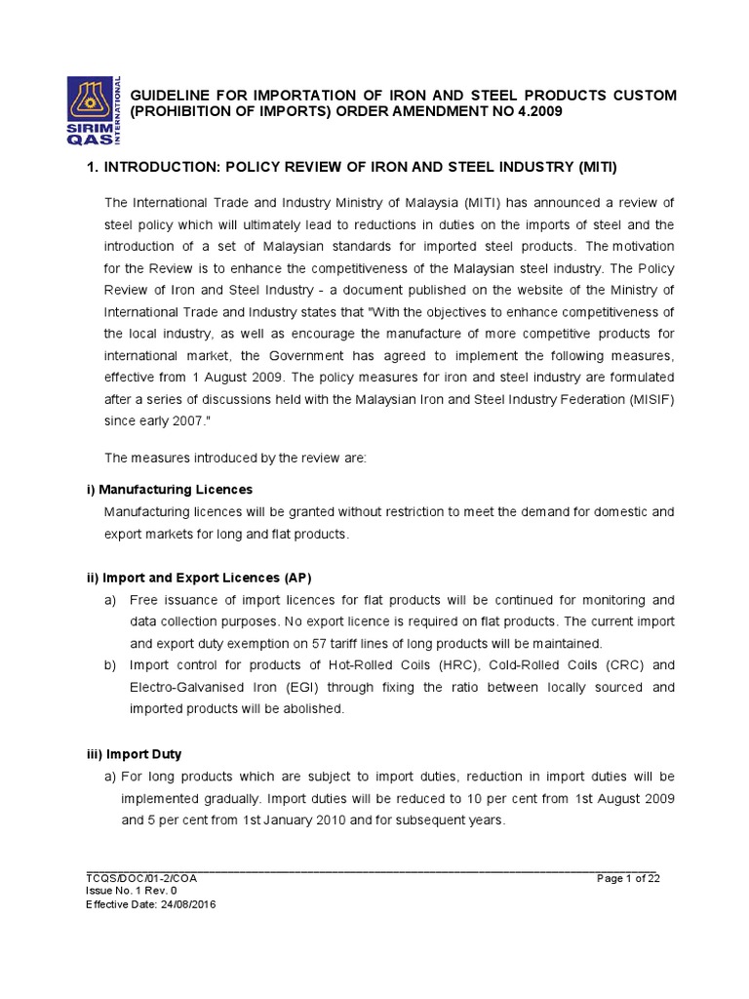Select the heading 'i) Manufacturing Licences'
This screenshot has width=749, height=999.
coord(170,489)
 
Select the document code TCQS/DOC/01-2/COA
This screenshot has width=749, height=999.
coord(141,878)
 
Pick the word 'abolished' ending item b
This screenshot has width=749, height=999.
coord(311,708)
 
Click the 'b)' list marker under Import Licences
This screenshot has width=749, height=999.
coord(112,665)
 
